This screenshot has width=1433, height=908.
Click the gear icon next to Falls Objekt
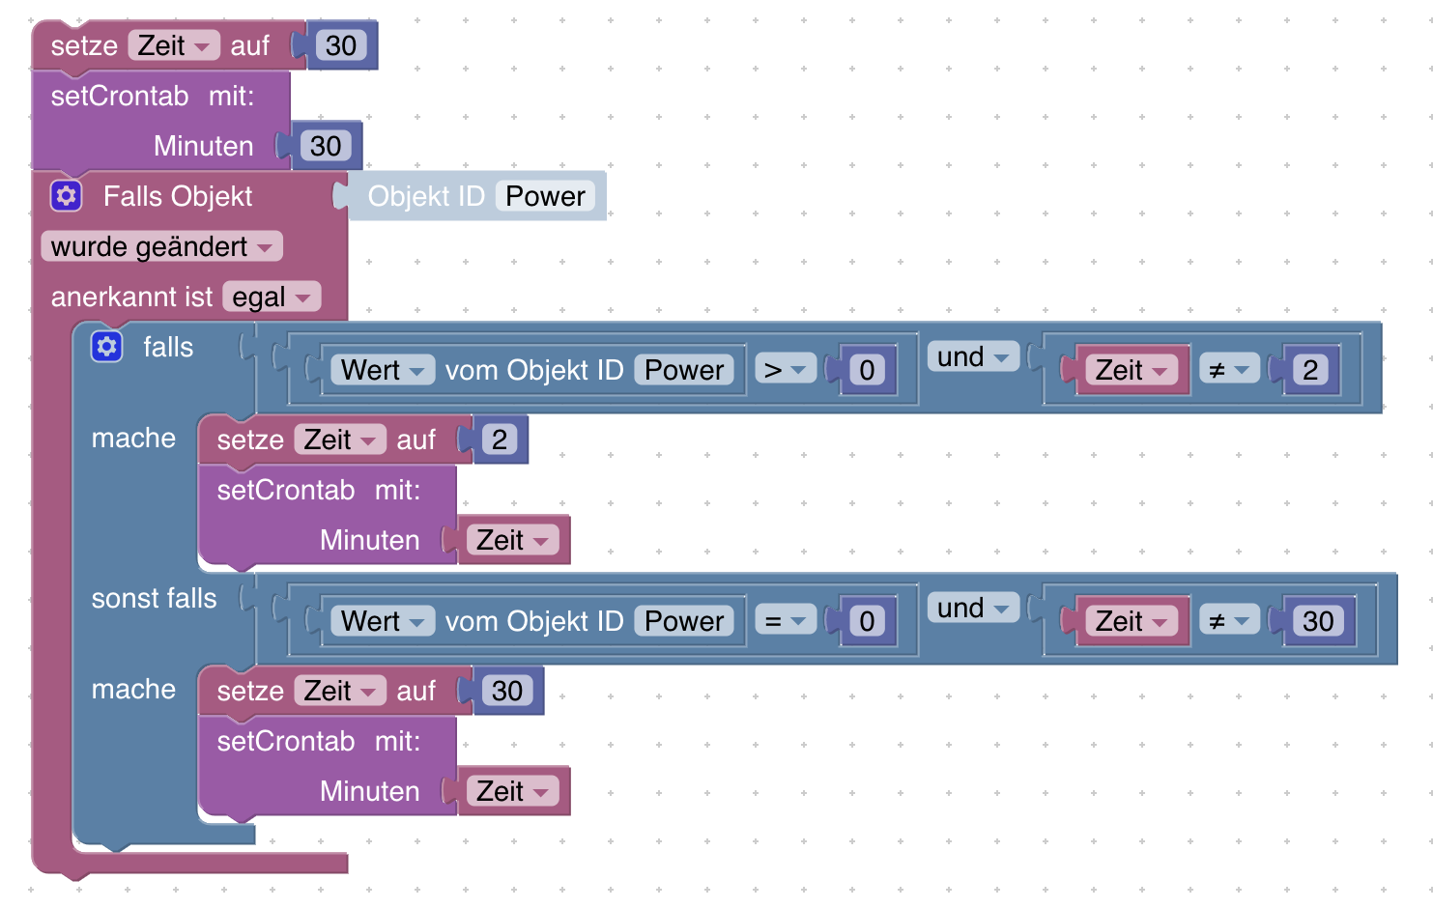[x=66, y=196]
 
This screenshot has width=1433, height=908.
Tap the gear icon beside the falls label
[x=106, y=347]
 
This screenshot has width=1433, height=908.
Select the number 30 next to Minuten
[x=326, y=146]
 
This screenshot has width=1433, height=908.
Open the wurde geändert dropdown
[x=161, y=246]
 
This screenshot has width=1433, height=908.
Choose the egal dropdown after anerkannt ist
[x=272, y=297]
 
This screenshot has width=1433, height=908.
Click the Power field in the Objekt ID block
[x=545, y=196]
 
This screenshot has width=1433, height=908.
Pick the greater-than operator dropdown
[x=785, y=370]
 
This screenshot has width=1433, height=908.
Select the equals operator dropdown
[x=785, y=621]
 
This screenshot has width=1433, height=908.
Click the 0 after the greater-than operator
[x=867, y=370]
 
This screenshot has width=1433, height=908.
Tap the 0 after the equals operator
[x=867, y=621]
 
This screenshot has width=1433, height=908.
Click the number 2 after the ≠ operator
[x=1310, y=370]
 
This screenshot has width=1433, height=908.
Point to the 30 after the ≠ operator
[x=1318, y=621]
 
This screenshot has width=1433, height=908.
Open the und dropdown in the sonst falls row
[x=973, y=608]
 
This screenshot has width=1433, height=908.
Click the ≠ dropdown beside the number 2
[x=1229, y=370]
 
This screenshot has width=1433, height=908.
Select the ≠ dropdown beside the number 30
[x=1229, y=621]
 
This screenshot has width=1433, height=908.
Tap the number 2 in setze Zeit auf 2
[x=500, y=440]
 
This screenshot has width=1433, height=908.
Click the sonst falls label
[x=154, y=598]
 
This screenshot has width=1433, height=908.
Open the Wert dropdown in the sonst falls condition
[x=382, y=621]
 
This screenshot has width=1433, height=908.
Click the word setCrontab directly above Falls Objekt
[x=120, y=96]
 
